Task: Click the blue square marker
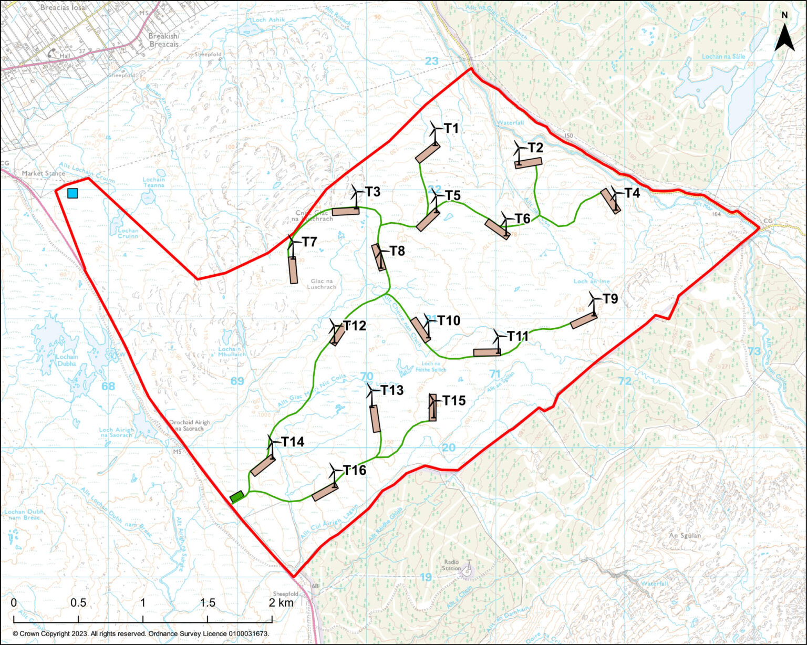(x=73, y=193)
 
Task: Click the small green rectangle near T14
(x=237, y=496)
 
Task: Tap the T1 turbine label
(x=451, y=129)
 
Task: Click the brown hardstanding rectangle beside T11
(x=487, y=352)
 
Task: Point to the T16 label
(x=355, y=470)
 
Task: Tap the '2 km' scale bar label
(x=281, y=602)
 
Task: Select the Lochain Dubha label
(x=67, y=360)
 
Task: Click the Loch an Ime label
(x=592, y=282)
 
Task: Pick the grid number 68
(x=108, y=387)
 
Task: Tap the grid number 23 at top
(x=431, y=61)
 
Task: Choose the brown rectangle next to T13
(x=375, y=419)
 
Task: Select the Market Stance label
(x=43, y=173)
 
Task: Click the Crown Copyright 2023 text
(x=141, y=634)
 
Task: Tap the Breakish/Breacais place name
(x=163, y=40)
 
